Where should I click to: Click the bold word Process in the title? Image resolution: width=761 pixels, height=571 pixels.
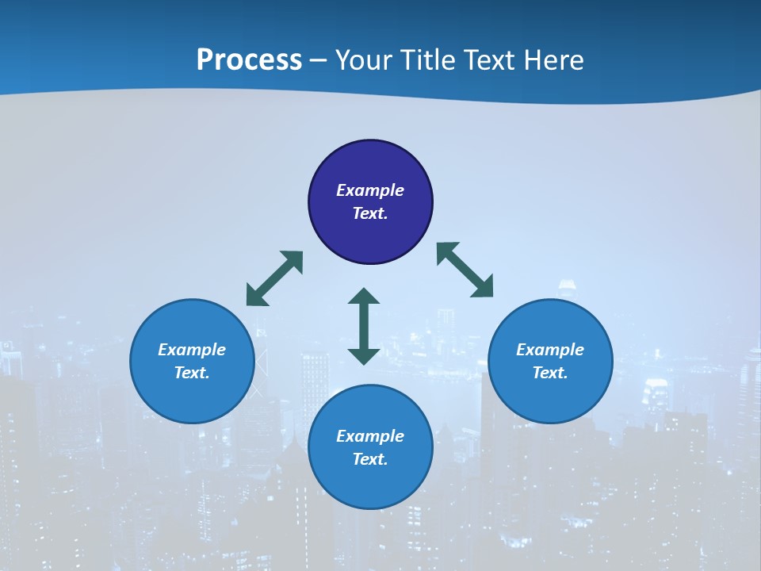249,60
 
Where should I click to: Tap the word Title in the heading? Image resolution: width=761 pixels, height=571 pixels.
429,60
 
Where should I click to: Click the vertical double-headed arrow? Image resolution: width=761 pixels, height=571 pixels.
364,326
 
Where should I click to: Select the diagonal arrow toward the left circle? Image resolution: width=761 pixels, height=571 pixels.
274,278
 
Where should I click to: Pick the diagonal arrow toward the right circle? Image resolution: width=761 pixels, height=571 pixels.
465,270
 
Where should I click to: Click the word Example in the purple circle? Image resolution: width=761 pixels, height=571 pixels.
370,190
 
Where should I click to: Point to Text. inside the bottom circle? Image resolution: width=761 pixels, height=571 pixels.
370,459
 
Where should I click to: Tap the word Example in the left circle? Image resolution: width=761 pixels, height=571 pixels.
192,350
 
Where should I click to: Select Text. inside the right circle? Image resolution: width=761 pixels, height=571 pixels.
550,373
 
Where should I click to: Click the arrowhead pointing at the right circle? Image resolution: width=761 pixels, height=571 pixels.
483,287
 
